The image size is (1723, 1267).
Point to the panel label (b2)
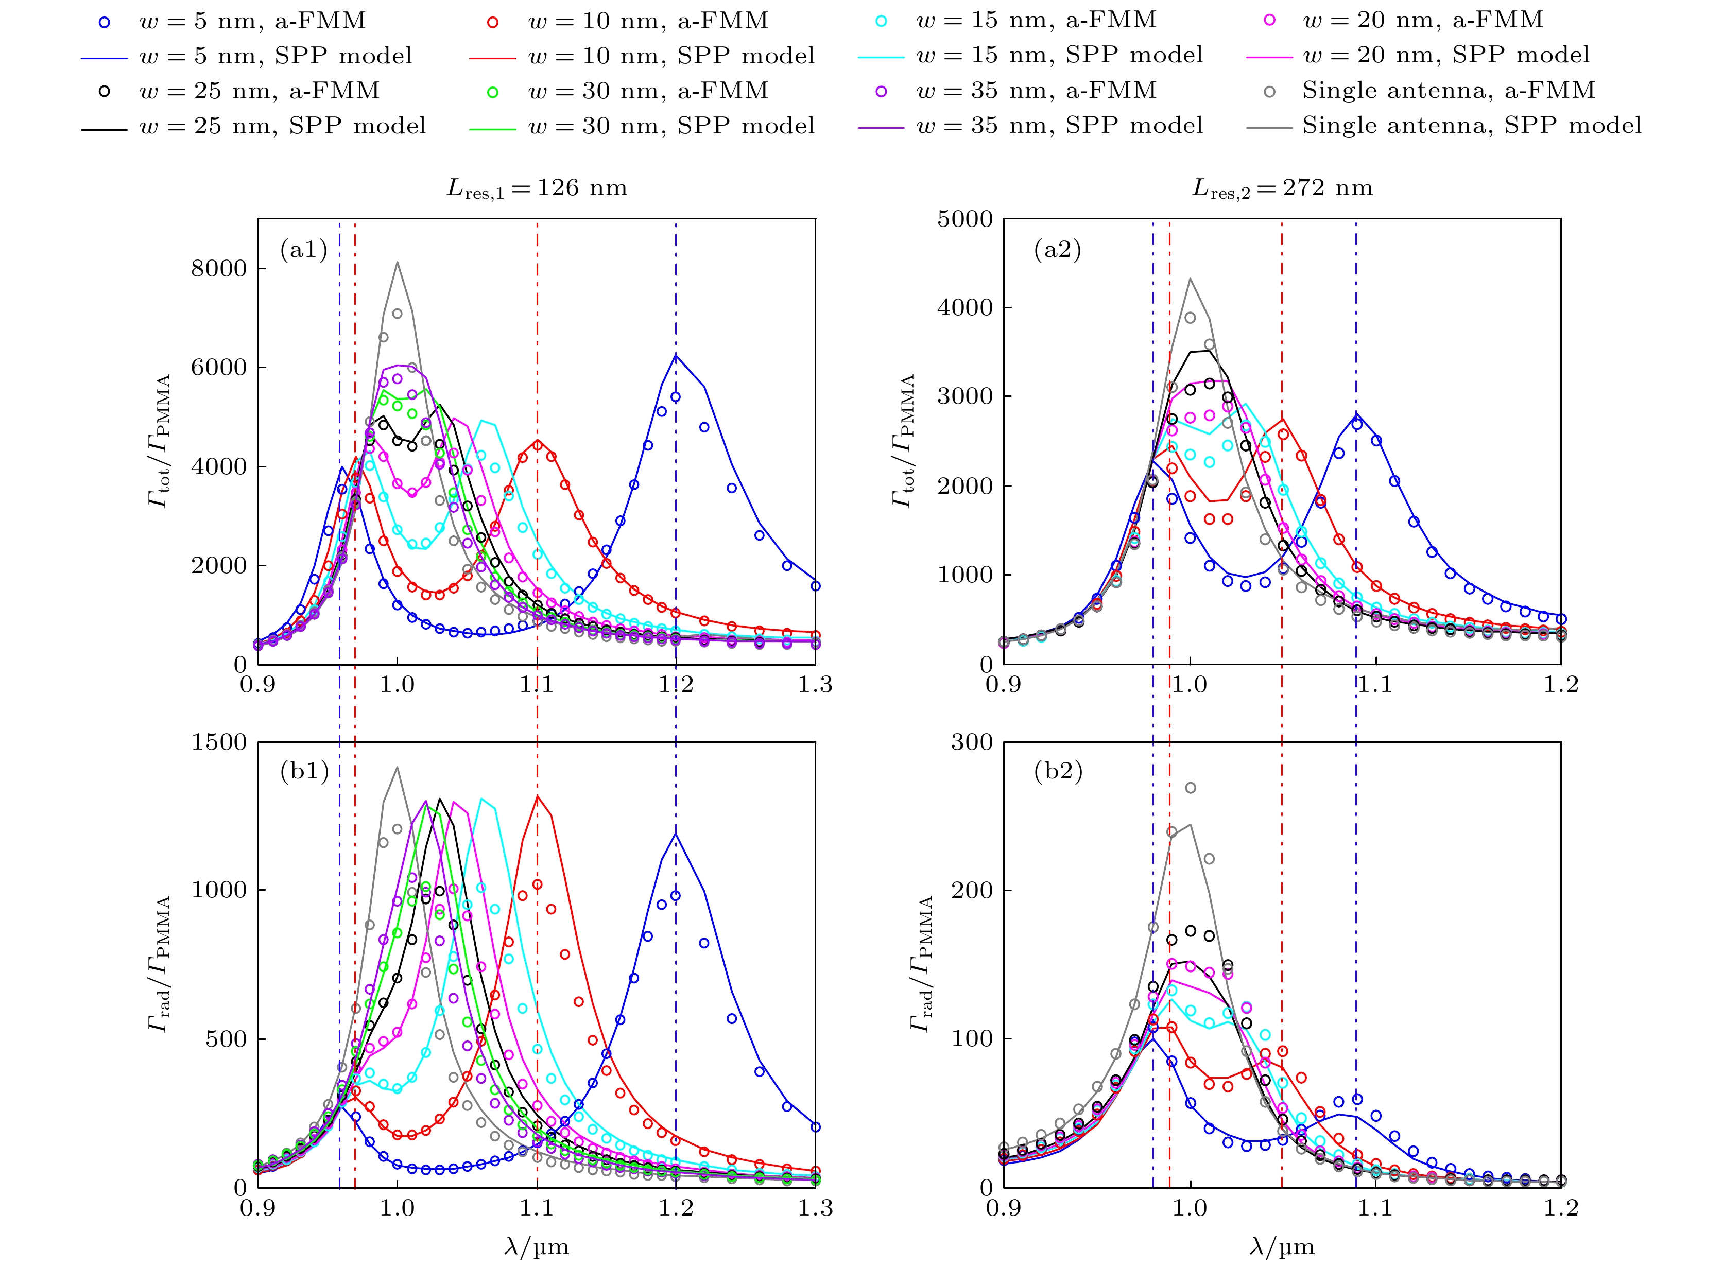1058,771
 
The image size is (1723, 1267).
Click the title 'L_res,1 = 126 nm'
537,188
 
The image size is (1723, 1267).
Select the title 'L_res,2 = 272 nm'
1282,188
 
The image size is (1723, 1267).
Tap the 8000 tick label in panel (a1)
219,268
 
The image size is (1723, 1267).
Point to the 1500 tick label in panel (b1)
219,742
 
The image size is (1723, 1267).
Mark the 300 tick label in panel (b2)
972,742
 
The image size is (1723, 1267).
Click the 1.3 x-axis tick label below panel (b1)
815,1209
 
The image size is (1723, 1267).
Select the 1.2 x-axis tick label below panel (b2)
1560,1209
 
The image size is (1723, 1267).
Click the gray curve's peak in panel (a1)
398,262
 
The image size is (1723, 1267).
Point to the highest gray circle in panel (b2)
1191,788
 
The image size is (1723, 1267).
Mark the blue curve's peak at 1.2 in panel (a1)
676,355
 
